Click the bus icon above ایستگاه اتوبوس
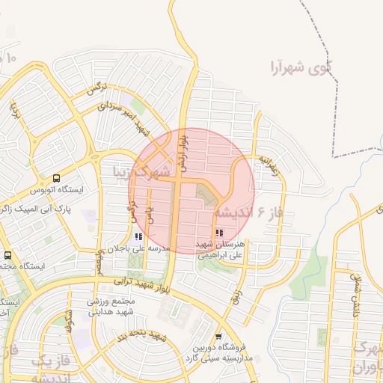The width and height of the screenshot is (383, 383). pyautogui.click(x=57, y=178)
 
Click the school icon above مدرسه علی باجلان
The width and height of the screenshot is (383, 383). pyautogui.click(x=138, y=236)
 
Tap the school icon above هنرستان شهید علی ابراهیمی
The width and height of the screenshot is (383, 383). pyautogui.click(x=219, y=233)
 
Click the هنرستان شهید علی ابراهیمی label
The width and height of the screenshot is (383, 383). pyautogui.click(x=224, y=249)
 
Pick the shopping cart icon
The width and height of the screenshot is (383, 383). pyautogui.click(x=218, y=336)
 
